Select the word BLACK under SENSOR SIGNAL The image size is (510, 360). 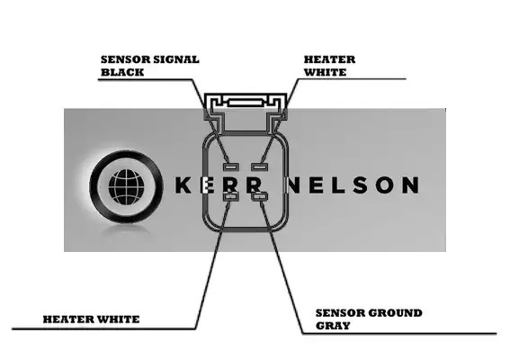click(x=122, y=72)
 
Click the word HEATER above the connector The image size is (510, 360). click(x=329, y=59)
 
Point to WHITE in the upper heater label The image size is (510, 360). click(x=326, y=72)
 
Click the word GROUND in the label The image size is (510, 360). click(x=395, y=313)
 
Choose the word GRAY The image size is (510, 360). click(x=333, y=326)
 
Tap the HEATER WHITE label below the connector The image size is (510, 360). click(x=92, y=319)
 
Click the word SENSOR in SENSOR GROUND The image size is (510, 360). click(x=340, y=313)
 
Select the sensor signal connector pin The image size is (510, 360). click(x=231, y=167)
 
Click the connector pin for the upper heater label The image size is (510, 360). click(x=260, y=167)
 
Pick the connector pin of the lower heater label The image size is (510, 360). click(x=231, y=196)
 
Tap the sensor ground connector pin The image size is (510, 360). click(x=260, y=196)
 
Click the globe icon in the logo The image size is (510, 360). click(x=126, y=187)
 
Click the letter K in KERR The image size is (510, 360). click(x=183, y=185)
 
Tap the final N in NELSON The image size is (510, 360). click(x=410, y=185)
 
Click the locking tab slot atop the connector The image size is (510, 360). click(x=246, y=103)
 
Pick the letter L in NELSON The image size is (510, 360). click(x=339, y=185)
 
